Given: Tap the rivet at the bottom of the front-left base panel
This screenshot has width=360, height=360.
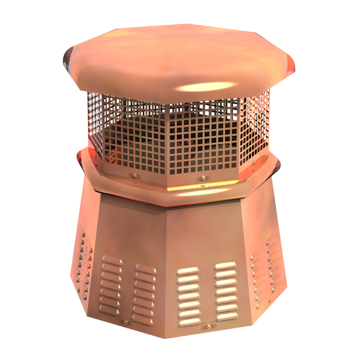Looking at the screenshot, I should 125,322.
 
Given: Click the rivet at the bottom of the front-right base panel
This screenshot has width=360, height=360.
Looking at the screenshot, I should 208,326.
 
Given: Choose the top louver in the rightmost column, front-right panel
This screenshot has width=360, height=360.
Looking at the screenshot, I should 226,265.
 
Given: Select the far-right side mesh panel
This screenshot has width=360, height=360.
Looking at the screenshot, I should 256,126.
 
